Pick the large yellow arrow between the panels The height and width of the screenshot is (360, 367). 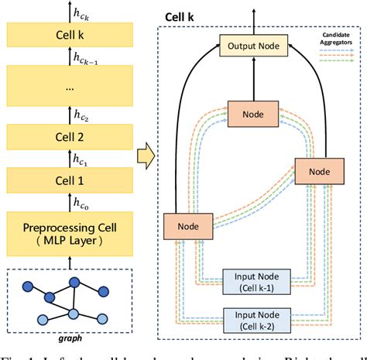pos(144,157)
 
